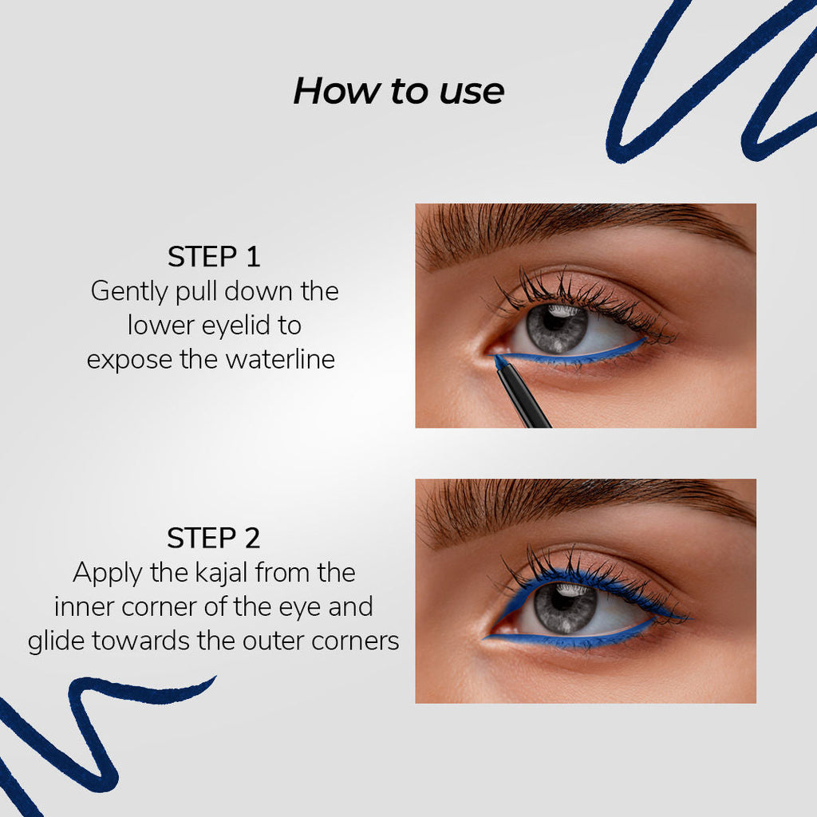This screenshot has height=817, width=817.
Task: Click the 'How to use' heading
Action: point(399,91)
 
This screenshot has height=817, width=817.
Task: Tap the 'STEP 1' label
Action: point(214,256)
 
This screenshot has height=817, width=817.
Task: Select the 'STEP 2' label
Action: point(214,538)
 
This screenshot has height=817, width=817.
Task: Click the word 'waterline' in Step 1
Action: point(280,359)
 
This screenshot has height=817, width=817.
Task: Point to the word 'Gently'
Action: point(129,292)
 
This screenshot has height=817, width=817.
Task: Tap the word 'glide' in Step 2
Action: point(57,641)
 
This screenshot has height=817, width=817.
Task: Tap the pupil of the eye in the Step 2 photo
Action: point(562,599)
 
